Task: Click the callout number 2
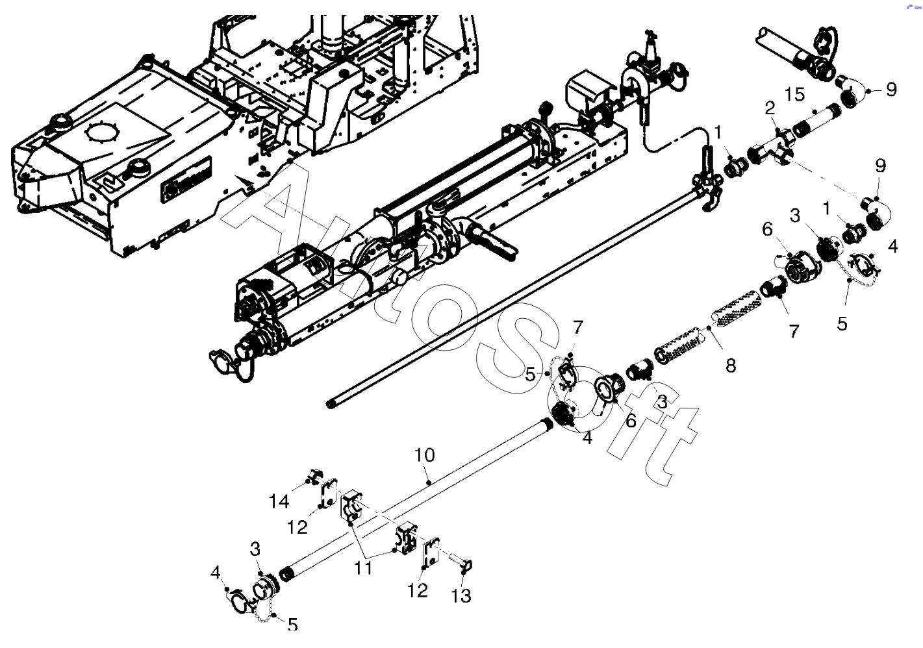point(770,108)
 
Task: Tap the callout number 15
point(794,94)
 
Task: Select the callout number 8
point(731,366)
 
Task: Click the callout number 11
point(363,567)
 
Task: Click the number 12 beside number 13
point(418,590)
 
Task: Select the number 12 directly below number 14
point(297,527)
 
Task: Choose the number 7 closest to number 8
point(794,331)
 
